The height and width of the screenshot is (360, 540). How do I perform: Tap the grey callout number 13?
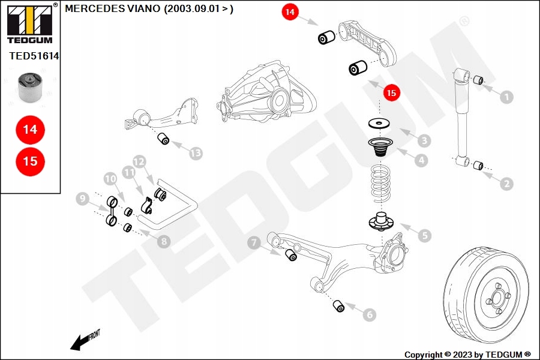point(196,154)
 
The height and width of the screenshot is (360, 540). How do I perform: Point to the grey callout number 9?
point(83,199)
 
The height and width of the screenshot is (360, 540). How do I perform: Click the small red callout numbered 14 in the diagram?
point(290,12)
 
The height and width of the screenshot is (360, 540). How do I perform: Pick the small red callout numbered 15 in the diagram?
point(391,93)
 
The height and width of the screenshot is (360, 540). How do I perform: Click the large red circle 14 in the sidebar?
point(30,129)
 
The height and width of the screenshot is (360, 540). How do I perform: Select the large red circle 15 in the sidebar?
point(30,161)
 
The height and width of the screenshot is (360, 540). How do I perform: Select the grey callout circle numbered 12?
point(139,161)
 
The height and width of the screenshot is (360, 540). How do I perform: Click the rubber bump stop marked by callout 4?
point(379,147)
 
